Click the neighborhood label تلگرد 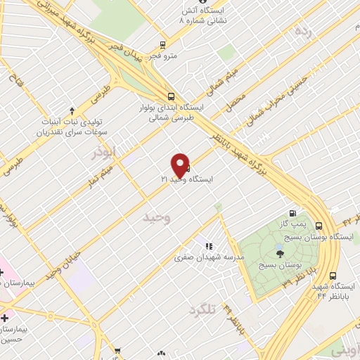204,309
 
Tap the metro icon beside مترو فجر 163,43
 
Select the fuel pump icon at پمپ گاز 292,214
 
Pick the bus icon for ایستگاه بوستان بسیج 319,226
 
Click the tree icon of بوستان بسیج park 281,255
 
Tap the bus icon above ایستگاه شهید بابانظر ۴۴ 333,276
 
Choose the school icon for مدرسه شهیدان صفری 208,247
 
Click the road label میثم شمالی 226,82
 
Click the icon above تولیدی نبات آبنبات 72,110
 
